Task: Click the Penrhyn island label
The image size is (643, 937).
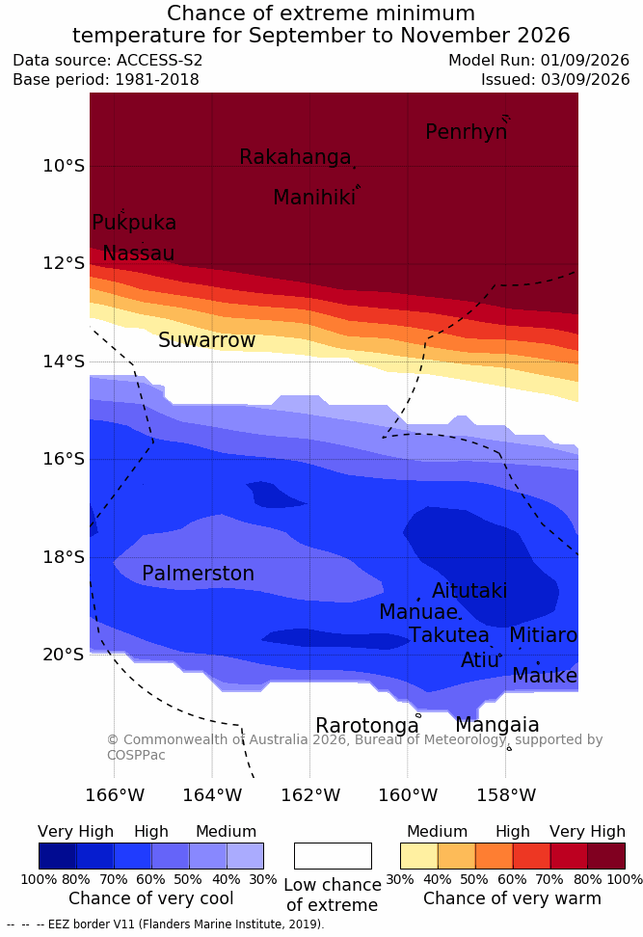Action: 467,131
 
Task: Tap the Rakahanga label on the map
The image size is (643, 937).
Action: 295,156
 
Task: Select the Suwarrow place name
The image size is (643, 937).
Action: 206,340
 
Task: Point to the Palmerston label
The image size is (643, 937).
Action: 198,573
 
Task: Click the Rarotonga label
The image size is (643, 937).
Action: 367,726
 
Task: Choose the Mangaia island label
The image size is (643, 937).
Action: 497,725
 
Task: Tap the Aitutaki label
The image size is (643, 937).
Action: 469,590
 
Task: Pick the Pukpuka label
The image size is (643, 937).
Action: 134,223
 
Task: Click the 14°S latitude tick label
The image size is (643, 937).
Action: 64,361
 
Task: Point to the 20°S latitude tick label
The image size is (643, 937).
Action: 64,655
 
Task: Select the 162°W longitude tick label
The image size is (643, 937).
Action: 310,795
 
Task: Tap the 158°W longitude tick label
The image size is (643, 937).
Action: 506,795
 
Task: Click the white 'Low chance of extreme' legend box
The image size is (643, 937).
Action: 333,856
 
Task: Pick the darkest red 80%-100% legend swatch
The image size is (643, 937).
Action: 606,856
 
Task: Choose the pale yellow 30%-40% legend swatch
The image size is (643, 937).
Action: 419,856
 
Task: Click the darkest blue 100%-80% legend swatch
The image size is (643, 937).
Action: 58,856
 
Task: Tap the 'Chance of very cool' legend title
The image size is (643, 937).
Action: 151,898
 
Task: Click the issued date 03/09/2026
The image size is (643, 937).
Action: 585,79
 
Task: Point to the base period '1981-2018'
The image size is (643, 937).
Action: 157,79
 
